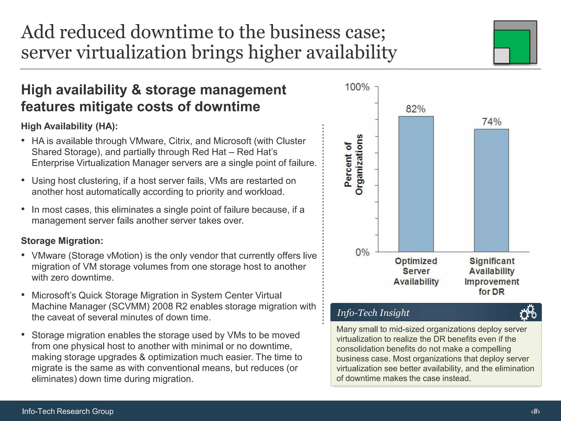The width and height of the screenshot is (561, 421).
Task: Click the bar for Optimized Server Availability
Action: point(416,184)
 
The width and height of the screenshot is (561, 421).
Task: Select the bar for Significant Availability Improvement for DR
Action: point(491,190)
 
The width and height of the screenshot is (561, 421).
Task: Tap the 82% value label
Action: point(416,109)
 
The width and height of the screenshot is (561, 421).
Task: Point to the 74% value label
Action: point(491,122)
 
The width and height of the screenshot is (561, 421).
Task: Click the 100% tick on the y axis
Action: point(357,87)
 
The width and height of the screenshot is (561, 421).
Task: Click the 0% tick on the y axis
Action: point(362,252)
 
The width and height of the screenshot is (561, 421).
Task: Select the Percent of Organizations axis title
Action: point(353,164)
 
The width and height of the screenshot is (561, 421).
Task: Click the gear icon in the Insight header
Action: point(528,313)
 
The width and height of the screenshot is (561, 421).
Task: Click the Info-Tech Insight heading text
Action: point(373,313)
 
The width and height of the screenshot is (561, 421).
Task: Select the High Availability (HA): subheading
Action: point(69,126)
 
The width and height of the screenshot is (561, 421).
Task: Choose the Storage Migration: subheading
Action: point(62,241)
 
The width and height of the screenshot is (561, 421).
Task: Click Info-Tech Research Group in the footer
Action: point(68,411)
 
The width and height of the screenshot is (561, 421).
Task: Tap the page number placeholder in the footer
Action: point(535,411)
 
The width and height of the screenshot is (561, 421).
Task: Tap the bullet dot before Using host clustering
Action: point(23,180)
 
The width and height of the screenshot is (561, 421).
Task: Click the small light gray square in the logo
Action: point(502,56)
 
